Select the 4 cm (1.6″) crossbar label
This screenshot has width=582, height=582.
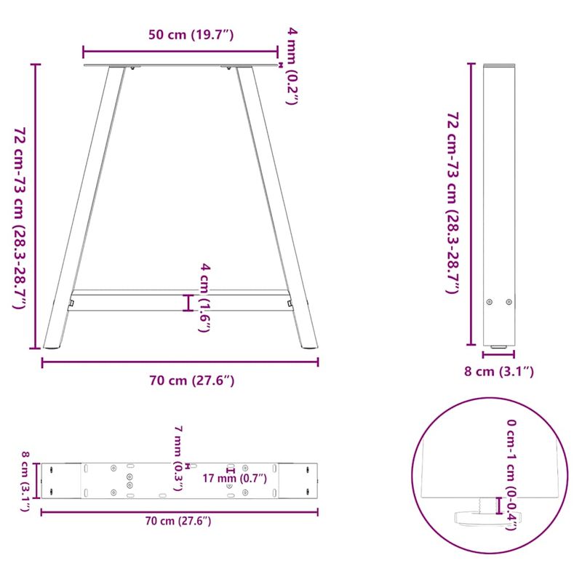(206, 298)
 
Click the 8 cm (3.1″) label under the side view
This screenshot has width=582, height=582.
(499, 372)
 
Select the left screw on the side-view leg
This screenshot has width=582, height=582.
(489, 302)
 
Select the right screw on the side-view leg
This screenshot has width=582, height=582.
(509, 302)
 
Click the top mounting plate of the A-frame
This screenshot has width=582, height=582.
(180, 66)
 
